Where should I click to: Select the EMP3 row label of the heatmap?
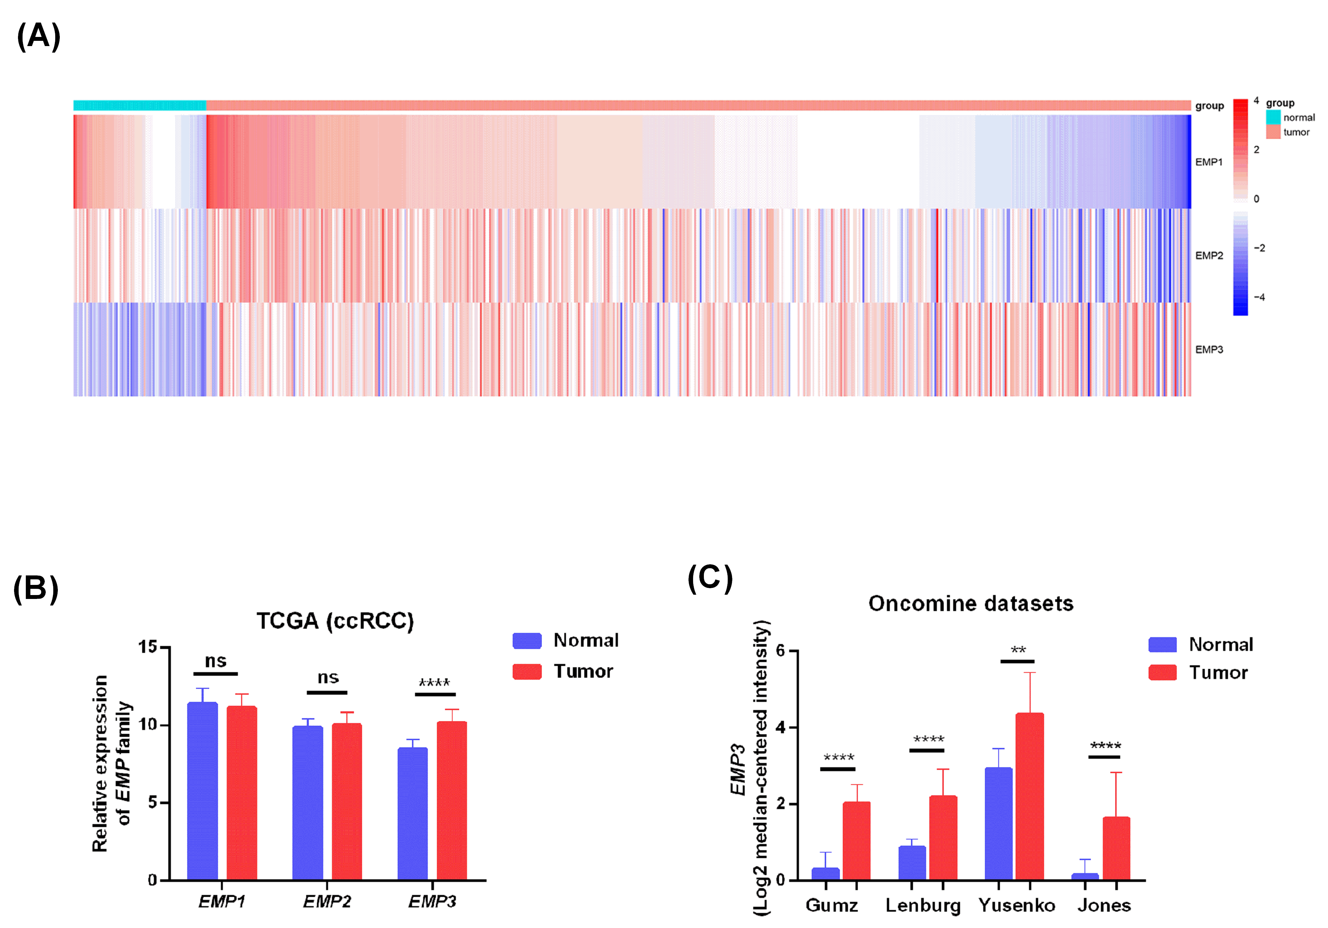[x=1209, y=349]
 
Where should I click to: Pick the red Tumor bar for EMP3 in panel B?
[x=452, y=801]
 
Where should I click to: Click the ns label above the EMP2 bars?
[x=328, y=677]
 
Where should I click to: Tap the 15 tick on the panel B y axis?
[x=148, y=647]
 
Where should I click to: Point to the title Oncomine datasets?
[x=971, y=604]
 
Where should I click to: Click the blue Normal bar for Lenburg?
[x=912, y=863]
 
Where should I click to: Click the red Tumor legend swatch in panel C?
[x=1162, y=672]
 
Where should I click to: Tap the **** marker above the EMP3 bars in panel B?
[x=434, y=682]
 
